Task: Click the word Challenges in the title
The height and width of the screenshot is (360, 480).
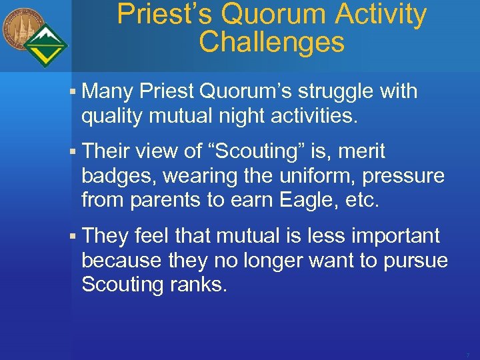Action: tap(271, 42)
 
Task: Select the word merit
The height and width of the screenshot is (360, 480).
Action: tap(361, 151)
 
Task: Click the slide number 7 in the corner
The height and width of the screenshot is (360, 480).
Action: tap(467, 355)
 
